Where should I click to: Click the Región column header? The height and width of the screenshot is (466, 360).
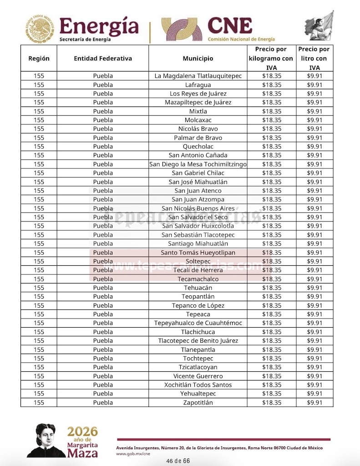[x=39, y=58]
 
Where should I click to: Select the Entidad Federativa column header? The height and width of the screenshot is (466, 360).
[x=103, y=58]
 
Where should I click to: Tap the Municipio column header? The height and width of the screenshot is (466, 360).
[x=198, y=58]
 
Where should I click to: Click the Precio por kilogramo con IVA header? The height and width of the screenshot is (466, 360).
[x=271, y=58]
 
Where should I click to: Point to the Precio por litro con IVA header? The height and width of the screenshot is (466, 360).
[x=314, y=58]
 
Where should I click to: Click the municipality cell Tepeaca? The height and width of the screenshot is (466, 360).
[x=198, y=314]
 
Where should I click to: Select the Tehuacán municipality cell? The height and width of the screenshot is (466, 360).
[x=198, y=288]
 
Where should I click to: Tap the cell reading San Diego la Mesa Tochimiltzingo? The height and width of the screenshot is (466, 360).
[x=198, y=164]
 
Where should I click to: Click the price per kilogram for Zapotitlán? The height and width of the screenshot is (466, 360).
[x=272, y=402]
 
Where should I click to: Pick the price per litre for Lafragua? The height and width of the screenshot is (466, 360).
[x=314, y=85]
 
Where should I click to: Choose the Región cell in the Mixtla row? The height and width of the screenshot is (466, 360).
[x=39, y=111]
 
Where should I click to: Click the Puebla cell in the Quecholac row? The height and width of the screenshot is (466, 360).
[x=103, y=147]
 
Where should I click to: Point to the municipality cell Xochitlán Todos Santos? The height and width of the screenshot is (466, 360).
[x=198, y=385]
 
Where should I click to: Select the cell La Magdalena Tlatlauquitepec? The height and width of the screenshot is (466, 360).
[x=198, y=76]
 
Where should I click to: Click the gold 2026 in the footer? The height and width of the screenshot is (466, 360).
[x=82, y=431]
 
